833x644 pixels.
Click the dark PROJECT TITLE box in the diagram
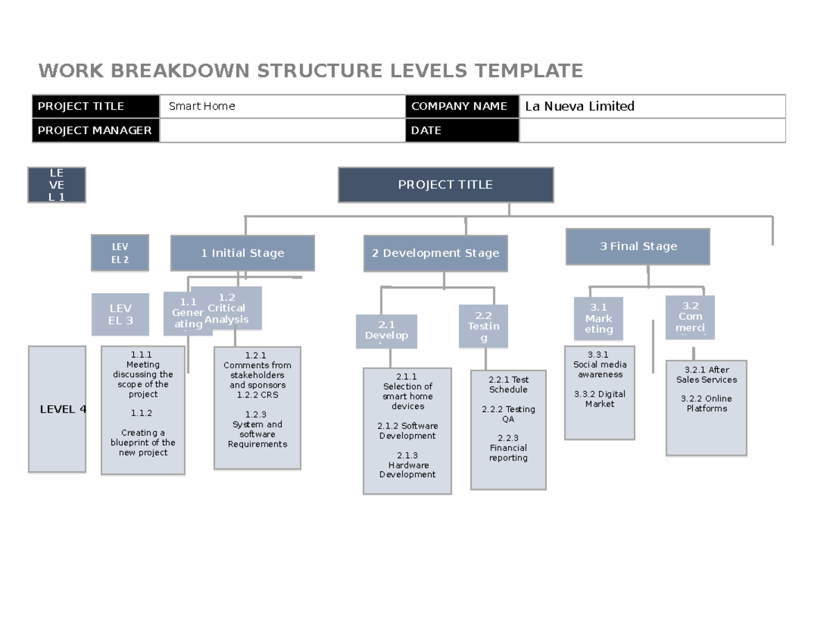click(x=446, y=185)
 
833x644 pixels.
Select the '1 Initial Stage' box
click(x=242, y=253)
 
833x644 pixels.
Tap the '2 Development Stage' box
click(x=435, y=254)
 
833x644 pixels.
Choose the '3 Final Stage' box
click(x=638, y=247)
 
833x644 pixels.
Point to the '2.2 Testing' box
click(x=483, y=327)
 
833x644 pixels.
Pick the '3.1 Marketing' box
click(x=598, y=318)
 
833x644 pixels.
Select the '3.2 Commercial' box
click(x=690, y=316)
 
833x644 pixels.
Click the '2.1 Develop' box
click(x=387, y=330)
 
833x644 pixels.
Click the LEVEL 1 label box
click(x=56, y=185)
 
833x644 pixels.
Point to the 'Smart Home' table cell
click(x=282, y=106)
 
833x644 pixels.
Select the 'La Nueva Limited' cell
click(x=651, y=106)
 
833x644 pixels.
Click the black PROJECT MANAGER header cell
click(x=96, y=131)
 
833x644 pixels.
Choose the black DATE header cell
click(x=462, y=131)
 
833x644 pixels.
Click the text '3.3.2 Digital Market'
click(x=600, y=399)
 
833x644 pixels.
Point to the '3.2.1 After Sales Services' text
click(x=706, y=375)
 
